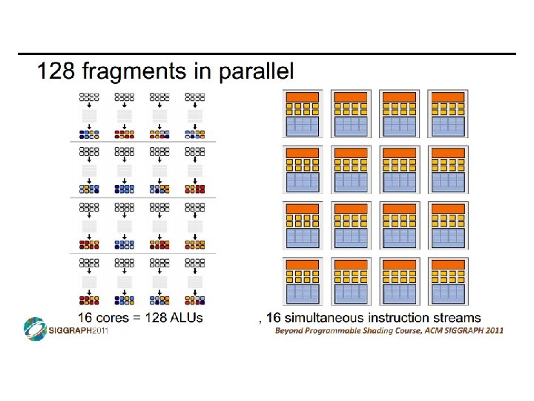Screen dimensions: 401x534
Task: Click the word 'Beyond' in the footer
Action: coord(290,330)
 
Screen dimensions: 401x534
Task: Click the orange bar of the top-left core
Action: coord(302,97)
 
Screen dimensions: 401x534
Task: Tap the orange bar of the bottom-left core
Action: coord(302,264)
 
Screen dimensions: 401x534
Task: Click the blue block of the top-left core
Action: coord(302,125)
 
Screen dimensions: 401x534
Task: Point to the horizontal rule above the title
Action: coord(267,54)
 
